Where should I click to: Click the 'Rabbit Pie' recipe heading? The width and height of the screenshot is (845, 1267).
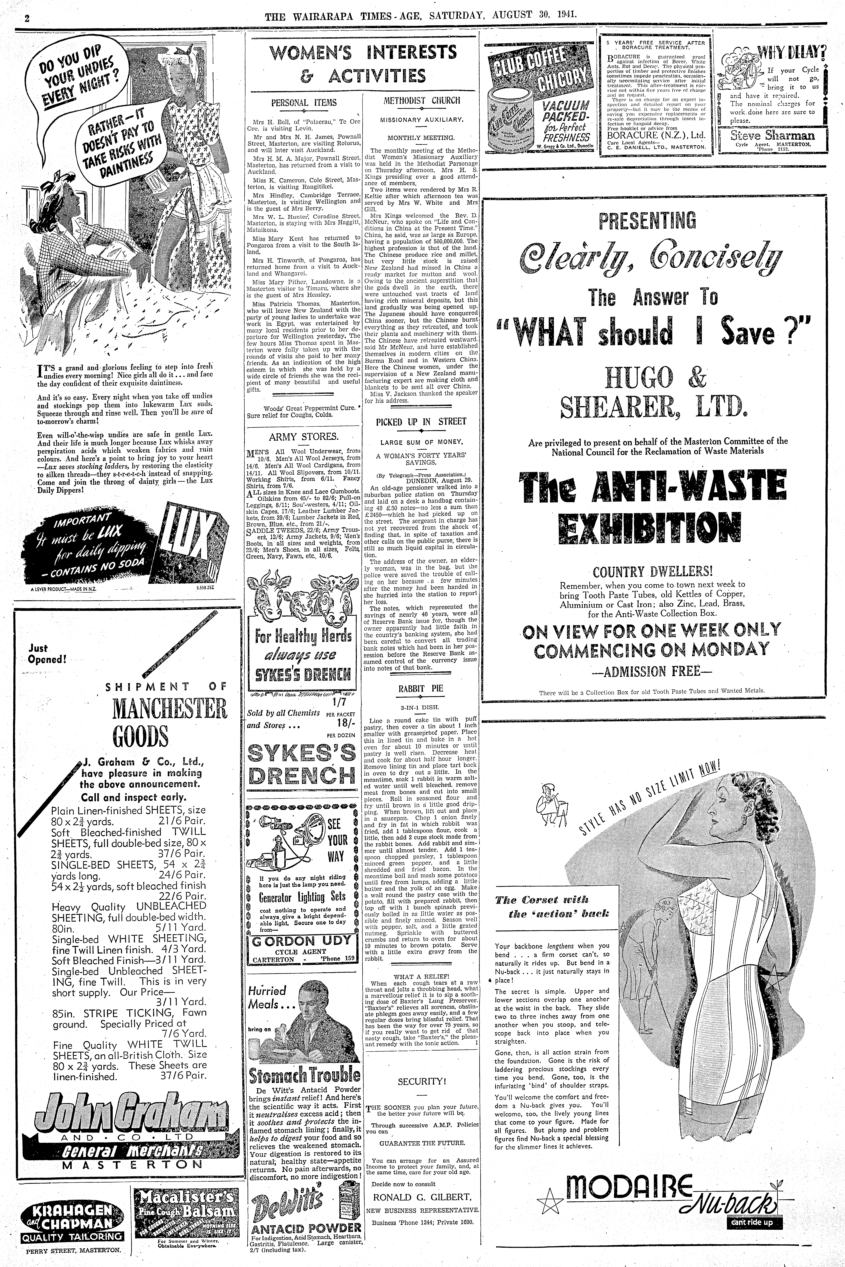(x=421, y=688)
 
